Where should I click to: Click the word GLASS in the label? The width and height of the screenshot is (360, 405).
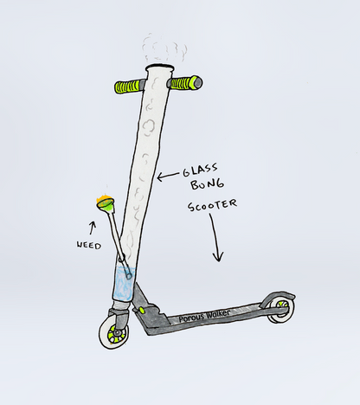point(200,170)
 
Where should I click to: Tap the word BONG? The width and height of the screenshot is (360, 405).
point(207,184)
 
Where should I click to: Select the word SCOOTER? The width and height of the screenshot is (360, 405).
point(212,205)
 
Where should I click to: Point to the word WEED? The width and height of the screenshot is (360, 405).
point(88,245)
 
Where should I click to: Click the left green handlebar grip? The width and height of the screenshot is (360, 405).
point(127,87)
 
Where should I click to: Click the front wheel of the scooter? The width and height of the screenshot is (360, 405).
point(113,334)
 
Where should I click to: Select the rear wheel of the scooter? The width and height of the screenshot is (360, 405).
point(281,309)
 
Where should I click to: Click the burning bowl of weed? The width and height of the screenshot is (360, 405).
point(106,203)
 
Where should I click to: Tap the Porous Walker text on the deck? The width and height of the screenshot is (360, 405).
point(204,315)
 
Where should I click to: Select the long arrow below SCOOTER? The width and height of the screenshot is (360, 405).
point(215,237)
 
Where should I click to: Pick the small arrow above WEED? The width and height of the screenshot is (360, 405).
point(93,228)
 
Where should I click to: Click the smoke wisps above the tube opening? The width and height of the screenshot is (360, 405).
point(164,48)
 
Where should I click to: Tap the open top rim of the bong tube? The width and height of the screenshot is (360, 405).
point(160,68)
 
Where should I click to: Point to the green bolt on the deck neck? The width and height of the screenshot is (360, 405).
point(142,310)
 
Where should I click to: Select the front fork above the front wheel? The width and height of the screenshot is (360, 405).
point(119,318)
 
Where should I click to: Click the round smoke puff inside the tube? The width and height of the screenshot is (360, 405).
point(149,127)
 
